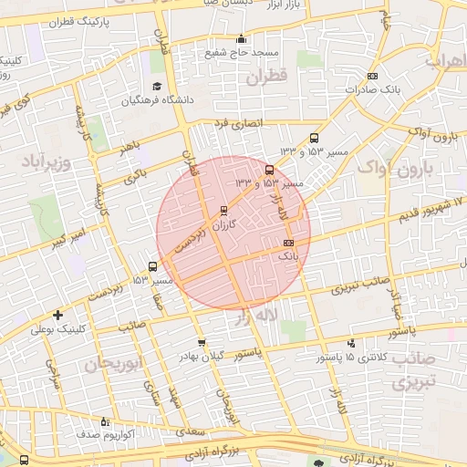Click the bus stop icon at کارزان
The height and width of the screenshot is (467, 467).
[224, 210]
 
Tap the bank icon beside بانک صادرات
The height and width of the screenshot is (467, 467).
[372, 77]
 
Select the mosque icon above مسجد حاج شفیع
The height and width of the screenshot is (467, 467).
[241, 39]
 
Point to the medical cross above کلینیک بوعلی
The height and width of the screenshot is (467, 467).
[57, 315]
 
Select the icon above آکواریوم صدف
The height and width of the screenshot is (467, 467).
[104, 422]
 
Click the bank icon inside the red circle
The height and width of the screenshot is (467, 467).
[289, 243]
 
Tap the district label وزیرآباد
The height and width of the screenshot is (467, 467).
[44, 163]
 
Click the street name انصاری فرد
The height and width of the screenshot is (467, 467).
[237, 122]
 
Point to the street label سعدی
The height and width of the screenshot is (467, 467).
[192, 427]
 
